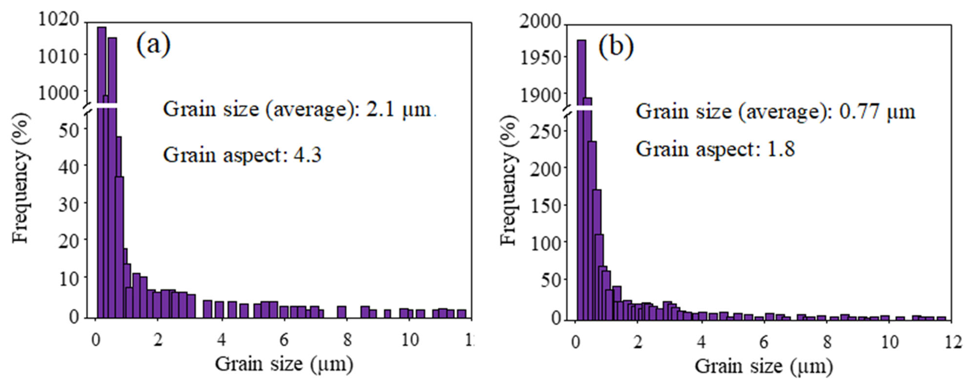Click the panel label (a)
[153, 44]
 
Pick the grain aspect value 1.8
[781, 149]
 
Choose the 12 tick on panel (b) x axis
[953, 342]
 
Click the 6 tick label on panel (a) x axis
[284, 340]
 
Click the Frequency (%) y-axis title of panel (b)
[509, 180]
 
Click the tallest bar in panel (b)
[582, 170]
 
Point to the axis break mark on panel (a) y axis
[87, 108]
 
